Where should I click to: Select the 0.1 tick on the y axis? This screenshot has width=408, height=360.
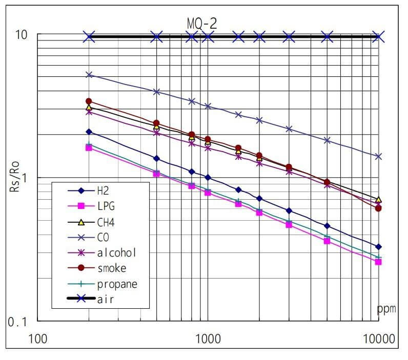[x=18, y=322]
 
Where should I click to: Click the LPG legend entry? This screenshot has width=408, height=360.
[x=106, y=206]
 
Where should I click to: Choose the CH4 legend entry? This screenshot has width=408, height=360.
[x=106, y=222]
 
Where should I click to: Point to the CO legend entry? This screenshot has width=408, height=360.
[x=103, y=237]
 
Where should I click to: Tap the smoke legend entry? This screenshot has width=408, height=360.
[x=111, y=268]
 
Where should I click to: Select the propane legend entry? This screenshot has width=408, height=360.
[x=117, y=284]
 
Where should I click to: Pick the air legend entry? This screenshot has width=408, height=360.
[x=105, y=299]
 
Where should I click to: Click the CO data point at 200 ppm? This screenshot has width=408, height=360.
[x=89, y=75]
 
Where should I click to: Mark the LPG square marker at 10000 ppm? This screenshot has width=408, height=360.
[x=378, y=262]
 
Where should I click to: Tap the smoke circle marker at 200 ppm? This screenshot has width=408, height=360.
[x=89, y=101]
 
